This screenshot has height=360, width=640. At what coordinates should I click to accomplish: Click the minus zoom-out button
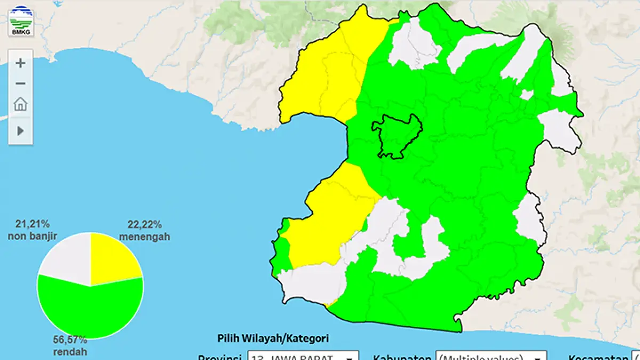20,83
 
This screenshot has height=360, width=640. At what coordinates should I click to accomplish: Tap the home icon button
20,104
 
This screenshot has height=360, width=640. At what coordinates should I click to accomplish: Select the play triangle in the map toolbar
20,131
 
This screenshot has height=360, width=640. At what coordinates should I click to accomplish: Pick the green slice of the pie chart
91,312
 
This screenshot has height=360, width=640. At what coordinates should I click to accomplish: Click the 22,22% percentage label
145,225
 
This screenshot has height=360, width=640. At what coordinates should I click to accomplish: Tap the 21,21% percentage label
33,223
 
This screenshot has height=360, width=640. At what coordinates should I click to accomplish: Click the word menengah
145,236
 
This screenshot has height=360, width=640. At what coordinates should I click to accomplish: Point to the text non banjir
33,235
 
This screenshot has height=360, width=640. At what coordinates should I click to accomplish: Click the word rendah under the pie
70,352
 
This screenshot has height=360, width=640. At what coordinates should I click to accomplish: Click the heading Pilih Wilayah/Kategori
273,338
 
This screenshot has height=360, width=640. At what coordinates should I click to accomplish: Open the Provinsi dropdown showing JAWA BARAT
302,356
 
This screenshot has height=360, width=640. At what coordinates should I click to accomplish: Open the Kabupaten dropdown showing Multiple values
491,356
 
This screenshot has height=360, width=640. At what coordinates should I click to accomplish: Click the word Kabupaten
402,357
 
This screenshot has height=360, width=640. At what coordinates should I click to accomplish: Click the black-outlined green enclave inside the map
397,136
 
